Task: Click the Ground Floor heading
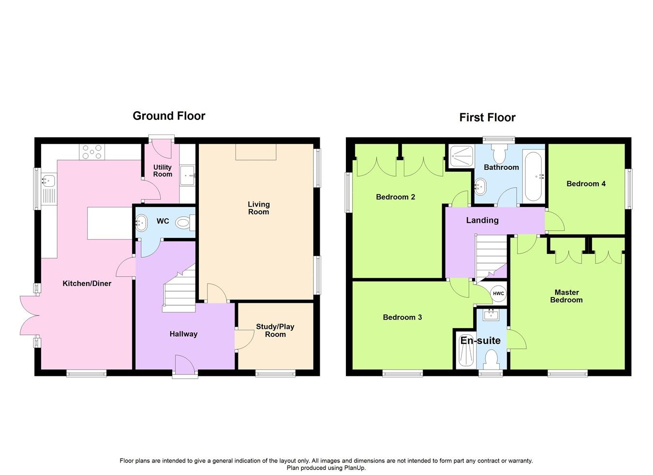[169, 116]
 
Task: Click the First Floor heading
[487, 118]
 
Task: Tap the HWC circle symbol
[498, 294]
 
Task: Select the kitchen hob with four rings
[92, 152]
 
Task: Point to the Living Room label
[258, 208]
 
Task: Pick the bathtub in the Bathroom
[534, 177]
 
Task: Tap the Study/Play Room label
[275, 330]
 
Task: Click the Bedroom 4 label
[586, 184]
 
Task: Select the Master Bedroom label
[566, 296]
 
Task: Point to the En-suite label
[480, 341]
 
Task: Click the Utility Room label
[163, 171]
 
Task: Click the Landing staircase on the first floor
[490, 256]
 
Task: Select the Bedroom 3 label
[402, 317]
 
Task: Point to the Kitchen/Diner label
[87, 283]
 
